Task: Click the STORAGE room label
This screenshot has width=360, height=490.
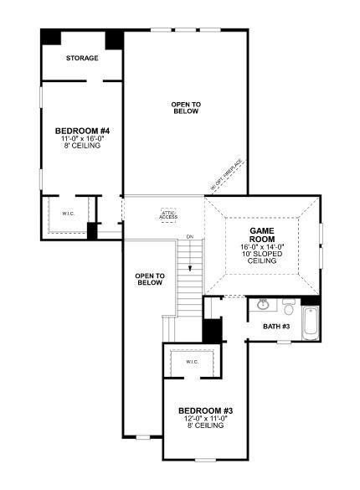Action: click(83, 59)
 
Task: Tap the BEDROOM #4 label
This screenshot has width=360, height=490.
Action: click(81, 131)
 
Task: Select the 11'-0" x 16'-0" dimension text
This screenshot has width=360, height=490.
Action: click(81, 138)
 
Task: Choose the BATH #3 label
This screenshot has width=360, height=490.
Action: click(276, 326)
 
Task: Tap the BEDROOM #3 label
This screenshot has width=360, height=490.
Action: click(205, 410)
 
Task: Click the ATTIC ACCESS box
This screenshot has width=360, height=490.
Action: click(169, 214)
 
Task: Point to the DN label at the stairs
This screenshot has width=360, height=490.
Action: click(190, 238)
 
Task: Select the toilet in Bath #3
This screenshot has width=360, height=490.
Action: click(287, 305)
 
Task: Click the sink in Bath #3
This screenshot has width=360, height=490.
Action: click(264, 304)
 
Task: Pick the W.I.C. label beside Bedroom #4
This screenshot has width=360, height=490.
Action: click(68, 213)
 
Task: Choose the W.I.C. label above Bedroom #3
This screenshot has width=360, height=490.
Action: click(192, 362)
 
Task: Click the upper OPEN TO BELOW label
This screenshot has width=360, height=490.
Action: click(185, 108)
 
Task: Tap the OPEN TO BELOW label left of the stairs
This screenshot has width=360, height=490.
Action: click(149, 280)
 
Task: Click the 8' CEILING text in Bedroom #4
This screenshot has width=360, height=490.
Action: click(81, 146)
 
